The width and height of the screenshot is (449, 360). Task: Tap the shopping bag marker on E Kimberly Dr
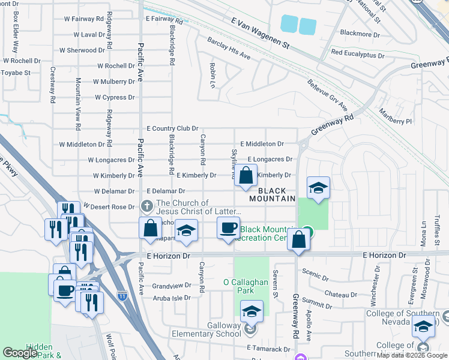pos(246,176)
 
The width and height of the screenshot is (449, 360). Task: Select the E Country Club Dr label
pos(172,128)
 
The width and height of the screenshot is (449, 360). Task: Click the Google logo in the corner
pos(20,353)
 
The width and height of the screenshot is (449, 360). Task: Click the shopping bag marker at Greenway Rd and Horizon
pos(298,240)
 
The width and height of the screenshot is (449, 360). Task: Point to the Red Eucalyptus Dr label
pos(357,54)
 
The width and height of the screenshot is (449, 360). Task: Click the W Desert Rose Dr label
pos(109,207)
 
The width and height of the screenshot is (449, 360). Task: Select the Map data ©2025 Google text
pos(412,355)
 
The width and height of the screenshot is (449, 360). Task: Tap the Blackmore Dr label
pos(360,34)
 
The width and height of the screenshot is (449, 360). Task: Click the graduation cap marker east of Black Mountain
pos(318,188)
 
